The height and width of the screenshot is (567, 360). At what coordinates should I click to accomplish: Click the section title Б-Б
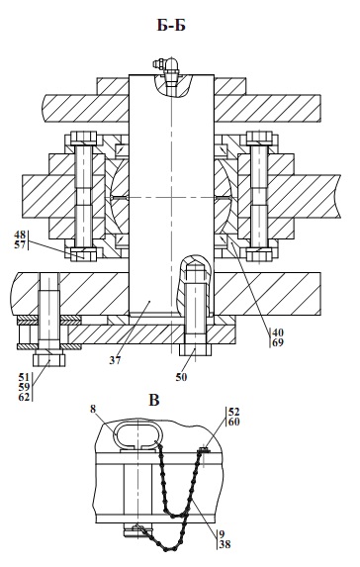coord(171,26)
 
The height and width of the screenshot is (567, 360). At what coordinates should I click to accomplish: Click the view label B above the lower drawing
coord(154,401)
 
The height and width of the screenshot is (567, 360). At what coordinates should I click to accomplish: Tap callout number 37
coord(116,360)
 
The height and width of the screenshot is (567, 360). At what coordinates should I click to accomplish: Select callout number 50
coord(181,377)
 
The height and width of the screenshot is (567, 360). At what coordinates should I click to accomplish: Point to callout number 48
coord(20,234)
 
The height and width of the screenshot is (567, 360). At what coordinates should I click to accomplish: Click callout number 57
coord(20,244)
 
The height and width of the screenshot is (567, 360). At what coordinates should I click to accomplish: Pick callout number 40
coord(278,332)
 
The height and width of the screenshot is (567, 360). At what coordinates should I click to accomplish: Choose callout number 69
coord(278,342)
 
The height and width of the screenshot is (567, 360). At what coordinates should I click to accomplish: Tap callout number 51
coord(24,377)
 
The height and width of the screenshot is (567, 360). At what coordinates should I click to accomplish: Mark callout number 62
coord(24,397)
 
